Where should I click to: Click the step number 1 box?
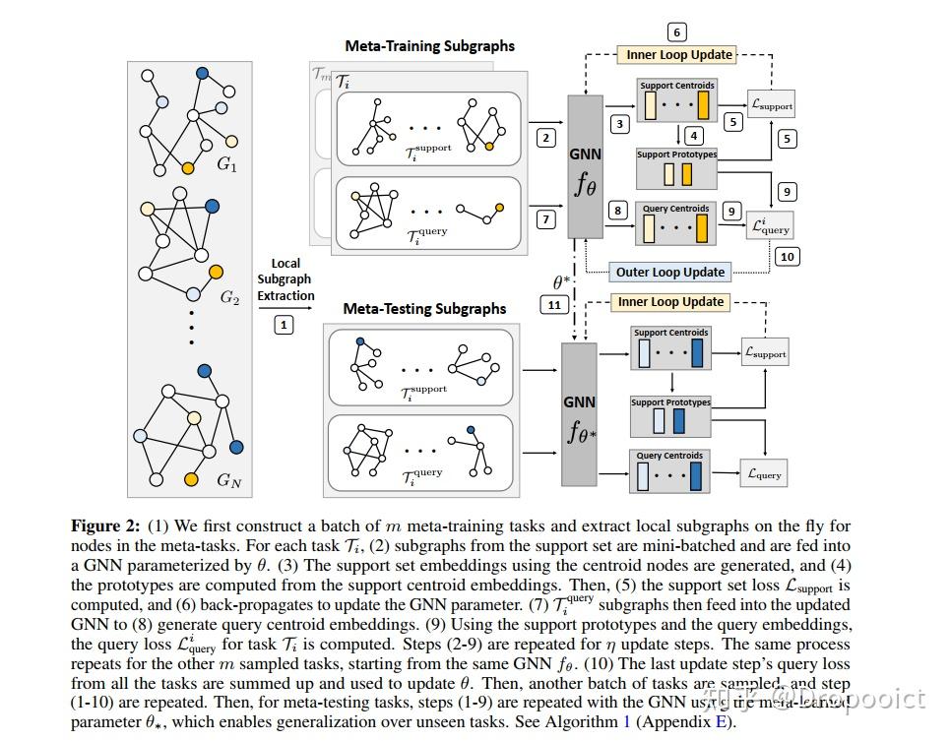coord(284,324)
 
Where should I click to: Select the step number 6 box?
coord(676,32)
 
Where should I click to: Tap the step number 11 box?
coord(554,305)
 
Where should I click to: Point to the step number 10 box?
coord(786,257)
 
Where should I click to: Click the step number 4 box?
coord(694,136)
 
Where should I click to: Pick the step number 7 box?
coord(547,219)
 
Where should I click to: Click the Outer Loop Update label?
coord(669,273)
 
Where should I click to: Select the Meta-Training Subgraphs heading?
coord(429,46)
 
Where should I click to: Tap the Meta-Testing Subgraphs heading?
coord(424,309)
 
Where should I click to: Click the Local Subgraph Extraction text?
coord(285,279)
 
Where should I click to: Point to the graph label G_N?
coord(228,480)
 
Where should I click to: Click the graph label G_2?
coord(229,298)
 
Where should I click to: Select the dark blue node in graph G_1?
coord(202,73)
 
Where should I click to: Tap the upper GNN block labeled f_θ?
coord(585,167)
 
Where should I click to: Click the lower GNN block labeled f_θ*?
coord(579,413)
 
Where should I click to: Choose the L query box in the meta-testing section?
coord(764,474)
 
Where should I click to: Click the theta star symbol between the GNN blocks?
coord(562,282)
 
